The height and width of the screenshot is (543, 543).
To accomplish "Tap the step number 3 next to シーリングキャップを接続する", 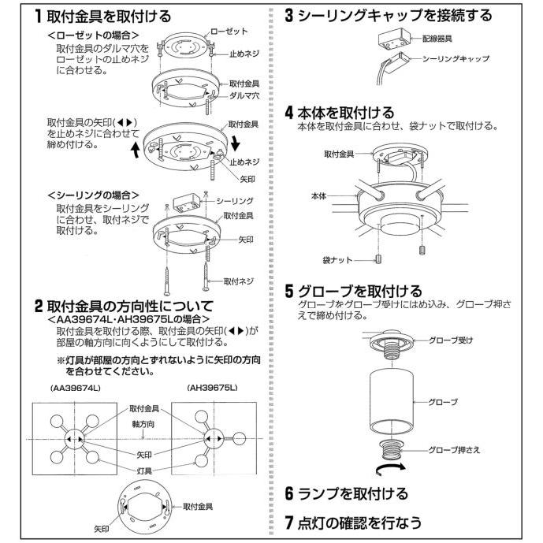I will coord(289,16).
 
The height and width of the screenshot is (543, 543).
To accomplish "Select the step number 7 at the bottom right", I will coord(289,522).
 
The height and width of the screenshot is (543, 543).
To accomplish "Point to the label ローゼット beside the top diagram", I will coord(229,31).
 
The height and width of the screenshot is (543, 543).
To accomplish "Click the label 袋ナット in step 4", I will coord(337,258).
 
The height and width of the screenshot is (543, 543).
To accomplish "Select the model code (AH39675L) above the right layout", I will coord(213,389).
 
